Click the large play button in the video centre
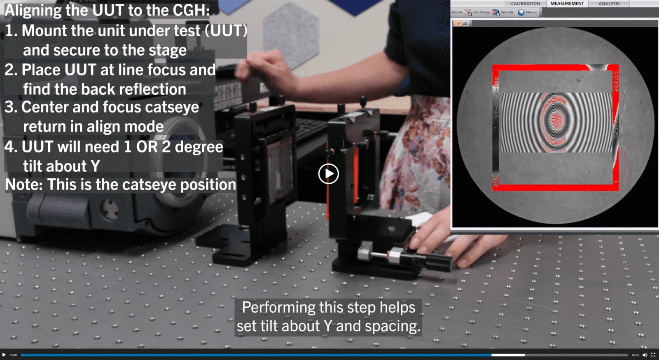click(x=328, y=174)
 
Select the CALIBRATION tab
click(x=525, y=4)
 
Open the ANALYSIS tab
click(x=609, y=4)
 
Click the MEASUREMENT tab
click(x=567, y=4)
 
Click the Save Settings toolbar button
click(x=478, y=12)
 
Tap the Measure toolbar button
click(x=528, y=12)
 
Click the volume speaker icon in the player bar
click(x=645, y=355)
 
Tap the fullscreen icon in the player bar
click(x=653, y=355)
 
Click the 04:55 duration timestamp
click(x=636, y=355)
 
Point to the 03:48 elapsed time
click(x=13, y=355)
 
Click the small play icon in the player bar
click(x=4, y=355)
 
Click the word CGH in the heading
click(x=190, y=11)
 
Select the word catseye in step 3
click(x=172, y=108)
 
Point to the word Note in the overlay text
click(x=23, y=185)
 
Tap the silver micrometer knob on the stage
click(x=365, y=250)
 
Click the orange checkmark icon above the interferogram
click(x=458, y=23)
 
